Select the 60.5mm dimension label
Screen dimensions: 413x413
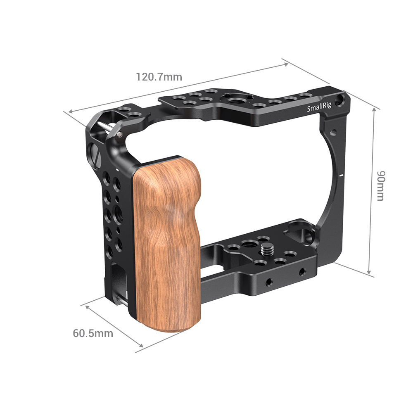coord(93,333)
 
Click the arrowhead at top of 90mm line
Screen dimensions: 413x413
coord(375,109)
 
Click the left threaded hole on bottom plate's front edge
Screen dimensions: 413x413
coord(269,281)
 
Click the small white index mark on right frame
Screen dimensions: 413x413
coord(341,175)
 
